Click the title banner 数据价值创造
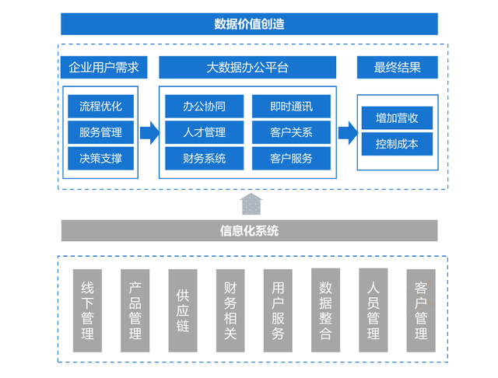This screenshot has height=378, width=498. pos(249,24)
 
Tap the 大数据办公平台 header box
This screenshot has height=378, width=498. pos(246,68)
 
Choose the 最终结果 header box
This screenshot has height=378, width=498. pos(398,68)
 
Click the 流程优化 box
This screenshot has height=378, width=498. pos(100,106)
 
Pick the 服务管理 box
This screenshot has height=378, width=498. pos(100,132)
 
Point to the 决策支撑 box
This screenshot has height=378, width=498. pos(100,159)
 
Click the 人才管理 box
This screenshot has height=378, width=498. pos(204,132)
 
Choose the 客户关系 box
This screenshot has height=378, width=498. pos(292,132)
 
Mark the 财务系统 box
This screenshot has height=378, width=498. pos(204,159)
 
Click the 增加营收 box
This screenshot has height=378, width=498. pos(397,118)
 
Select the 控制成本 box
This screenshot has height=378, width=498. pos(397,144)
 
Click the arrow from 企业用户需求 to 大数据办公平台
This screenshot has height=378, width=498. pos(149,132)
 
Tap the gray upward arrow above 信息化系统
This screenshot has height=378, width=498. pos(251,204)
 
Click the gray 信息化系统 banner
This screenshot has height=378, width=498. pos(249,230)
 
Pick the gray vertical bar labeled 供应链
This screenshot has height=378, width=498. pos(183,310)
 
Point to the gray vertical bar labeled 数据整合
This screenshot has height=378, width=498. pos(326,310)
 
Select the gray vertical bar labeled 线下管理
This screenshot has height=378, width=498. pos(87,310)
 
